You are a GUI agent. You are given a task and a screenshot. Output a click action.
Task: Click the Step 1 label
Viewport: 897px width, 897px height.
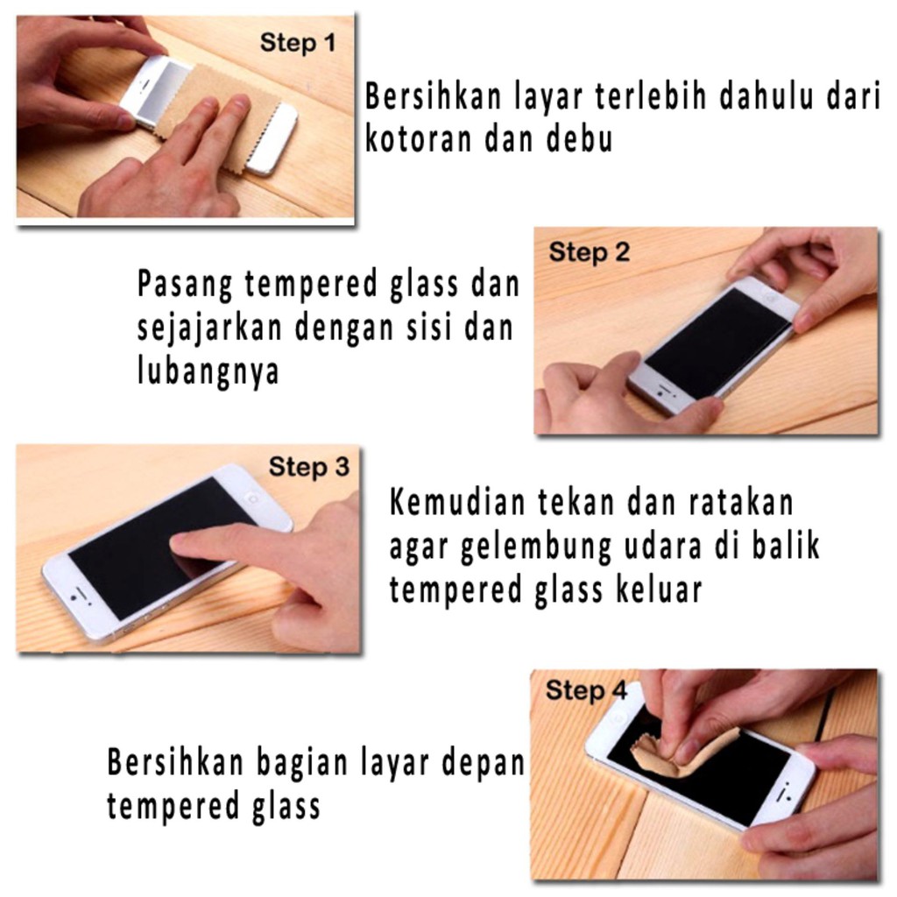coord(297,42)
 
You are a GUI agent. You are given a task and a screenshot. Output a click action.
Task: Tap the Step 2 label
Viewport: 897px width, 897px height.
coord(589,253)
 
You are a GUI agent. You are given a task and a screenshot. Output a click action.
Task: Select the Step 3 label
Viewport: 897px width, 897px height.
coord(308,467)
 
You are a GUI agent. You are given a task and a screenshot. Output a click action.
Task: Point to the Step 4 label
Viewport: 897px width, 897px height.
coord(586,691)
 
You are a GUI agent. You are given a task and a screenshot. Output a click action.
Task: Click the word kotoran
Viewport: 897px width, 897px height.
coord(418,139)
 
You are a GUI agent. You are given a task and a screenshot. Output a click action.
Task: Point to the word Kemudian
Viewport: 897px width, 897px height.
coord(457,504)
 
